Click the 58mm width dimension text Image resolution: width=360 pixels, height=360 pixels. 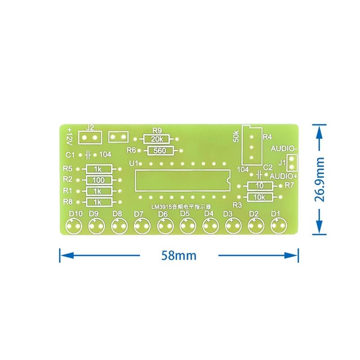[x=179, y=255]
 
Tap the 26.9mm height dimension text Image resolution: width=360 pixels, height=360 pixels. [x=319, y=180]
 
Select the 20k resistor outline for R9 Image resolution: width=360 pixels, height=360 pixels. [x=157, y=135]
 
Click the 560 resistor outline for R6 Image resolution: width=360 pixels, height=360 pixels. [x=160, y=147]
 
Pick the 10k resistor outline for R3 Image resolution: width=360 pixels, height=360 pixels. [x=260, y=193]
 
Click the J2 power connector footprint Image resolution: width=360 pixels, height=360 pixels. [x=90, y=131]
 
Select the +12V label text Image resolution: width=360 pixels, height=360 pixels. [x=69, y=136]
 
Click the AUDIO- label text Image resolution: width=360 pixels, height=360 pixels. [x=284, y=148]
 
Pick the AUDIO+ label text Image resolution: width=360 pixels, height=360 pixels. [x=283, y=176]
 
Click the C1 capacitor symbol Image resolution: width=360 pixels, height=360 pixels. [x=88, y=155]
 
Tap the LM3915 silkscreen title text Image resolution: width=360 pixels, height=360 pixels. [x=181, y=207]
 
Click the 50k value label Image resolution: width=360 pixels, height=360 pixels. [x=236, y=136]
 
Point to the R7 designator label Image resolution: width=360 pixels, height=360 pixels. [x=289, y=185]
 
